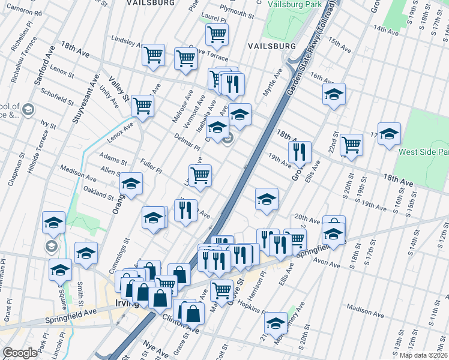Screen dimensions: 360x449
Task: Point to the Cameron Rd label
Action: pos(21,12)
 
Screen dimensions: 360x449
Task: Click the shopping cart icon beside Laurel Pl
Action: pos(217,34)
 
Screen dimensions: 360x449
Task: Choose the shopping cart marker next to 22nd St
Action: pos(351,144)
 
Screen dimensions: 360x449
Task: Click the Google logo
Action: pos(20,353)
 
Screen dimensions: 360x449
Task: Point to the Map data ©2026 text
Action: pos(423,355)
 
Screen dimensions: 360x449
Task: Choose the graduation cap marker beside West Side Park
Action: pos(388,134)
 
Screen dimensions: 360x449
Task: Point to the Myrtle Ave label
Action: pos(273,84)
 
